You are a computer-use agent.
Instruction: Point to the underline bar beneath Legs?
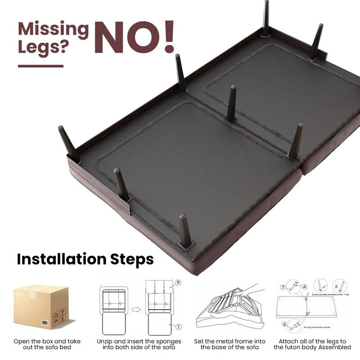40,66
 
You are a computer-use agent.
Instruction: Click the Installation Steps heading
85,259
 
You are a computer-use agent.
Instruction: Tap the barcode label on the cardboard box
45,323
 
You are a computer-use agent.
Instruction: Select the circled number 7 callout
283,287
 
